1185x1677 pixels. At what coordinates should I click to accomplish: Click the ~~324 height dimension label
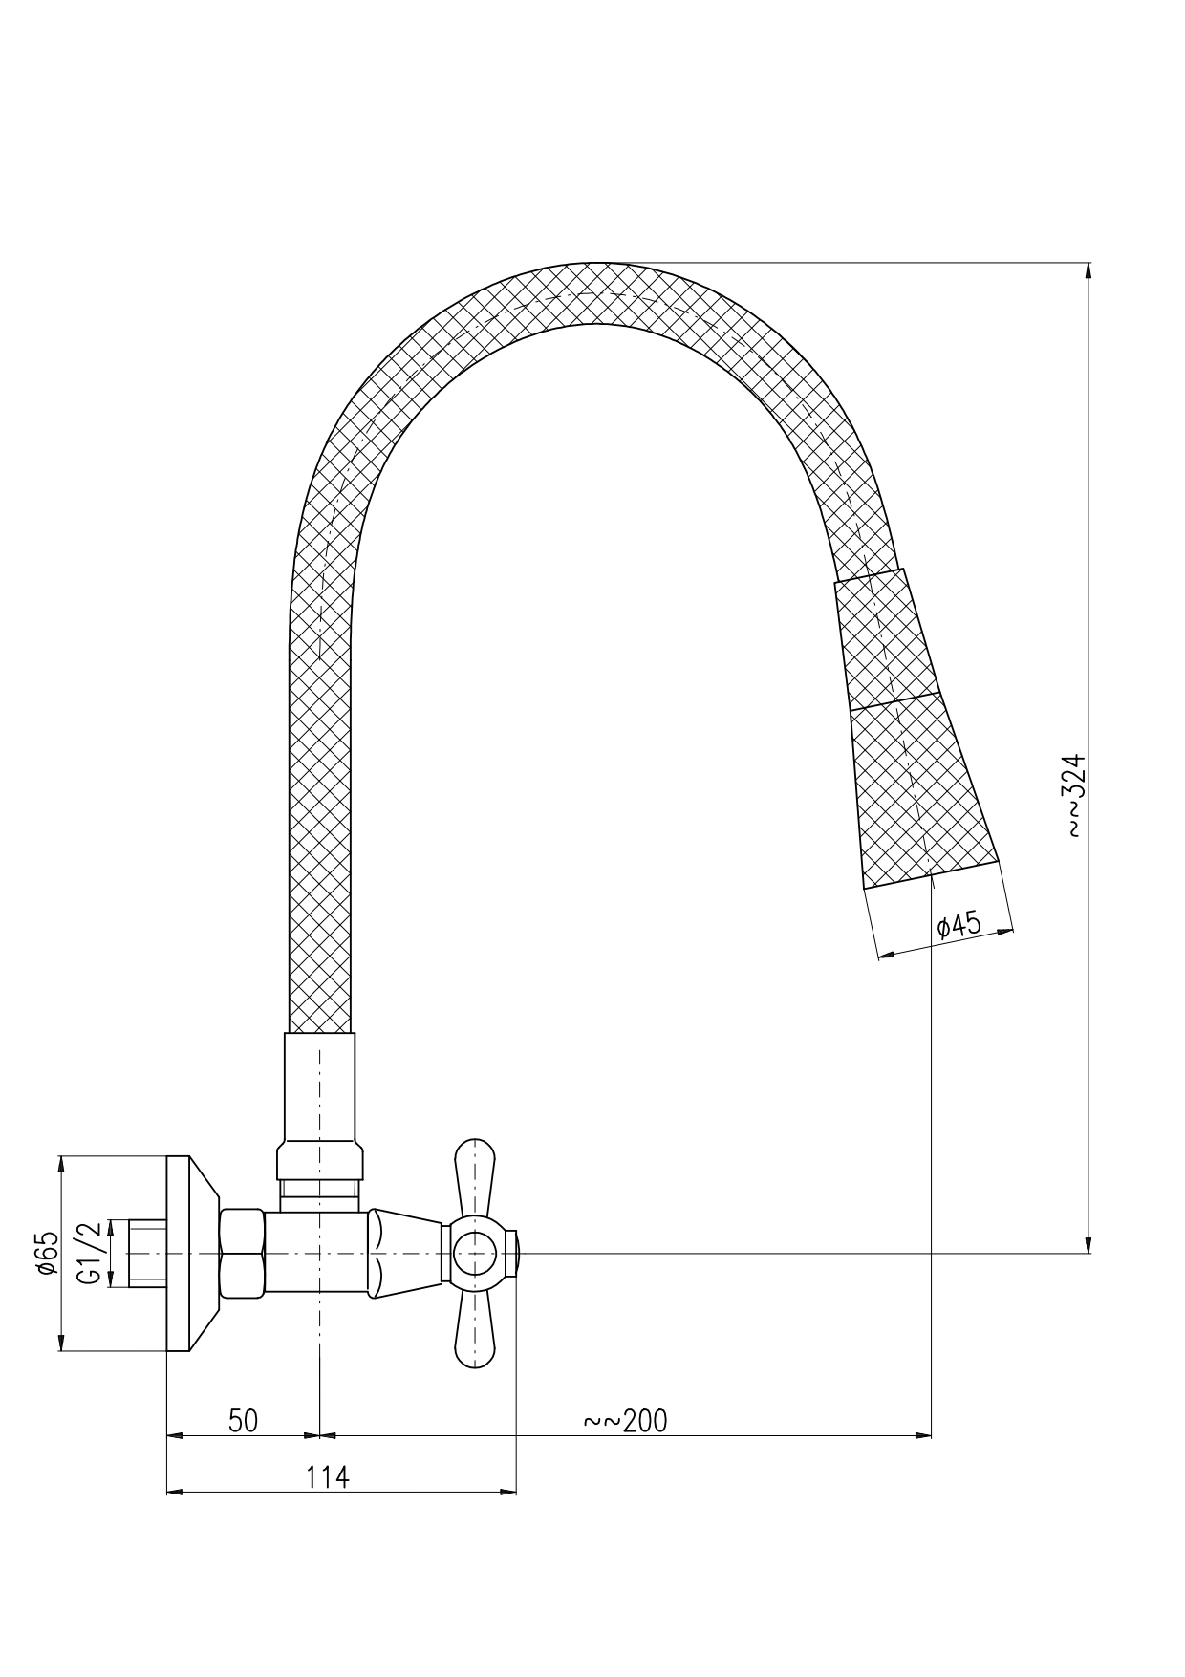1076,796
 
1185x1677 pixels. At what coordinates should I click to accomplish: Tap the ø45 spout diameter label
959,925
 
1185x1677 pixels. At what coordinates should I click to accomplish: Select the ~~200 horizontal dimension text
626,1421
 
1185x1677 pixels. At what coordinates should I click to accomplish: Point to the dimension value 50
243,1421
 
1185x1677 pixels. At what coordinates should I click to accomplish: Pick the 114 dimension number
328,1477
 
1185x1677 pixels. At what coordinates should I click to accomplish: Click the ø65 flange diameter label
47,1253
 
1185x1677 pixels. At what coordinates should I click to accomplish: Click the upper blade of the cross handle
475,1177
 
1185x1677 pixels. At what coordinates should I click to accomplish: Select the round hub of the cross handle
475,1254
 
